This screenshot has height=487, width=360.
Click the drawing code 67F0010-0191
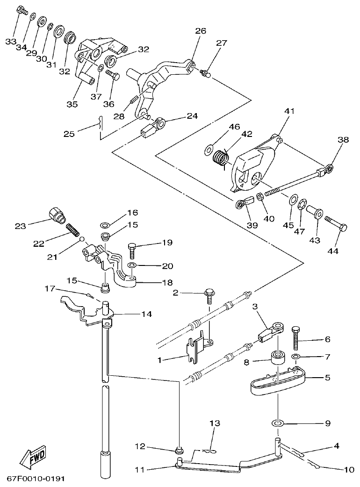(36, 479)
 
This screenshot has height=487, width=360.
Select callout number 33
(10, 42)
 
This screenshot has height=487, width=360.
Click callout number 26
(200, 31)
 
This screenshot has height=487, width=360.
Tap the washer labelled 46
(209, 150)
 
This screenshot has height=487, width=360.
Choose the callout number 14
(147, 315)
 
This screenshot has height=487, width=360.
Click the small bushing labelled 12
(178, 450)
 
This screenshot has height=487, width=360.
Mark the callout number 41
(290, 111)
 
